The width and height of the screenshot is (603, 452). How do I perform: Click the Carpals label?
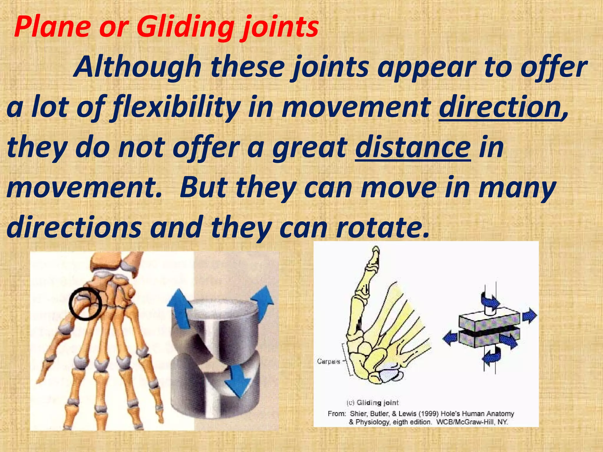point(329,361)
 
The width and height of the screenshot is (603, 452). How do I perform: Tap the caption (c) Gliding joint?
point(372,403)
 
